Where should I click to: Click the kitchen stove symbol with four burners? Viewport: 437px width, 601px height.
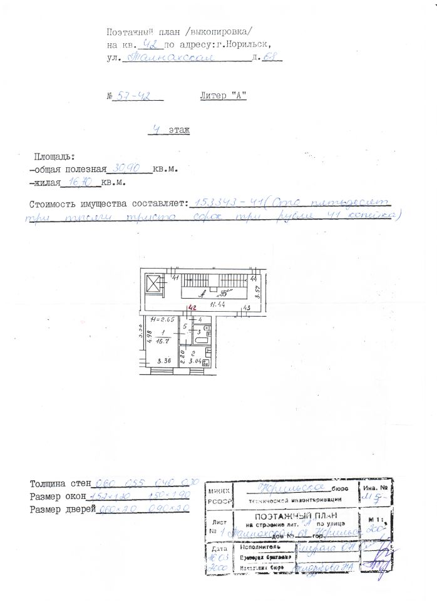tap(205, 361)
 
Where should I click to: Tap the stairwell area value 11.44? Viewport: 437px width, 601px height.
tap(218, 305)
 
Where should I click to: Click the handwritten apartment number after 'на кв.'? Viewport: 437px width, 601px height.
tap(150, 44)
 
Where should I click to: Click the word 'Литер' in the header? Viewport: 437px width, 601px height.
tap(213, 96)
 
